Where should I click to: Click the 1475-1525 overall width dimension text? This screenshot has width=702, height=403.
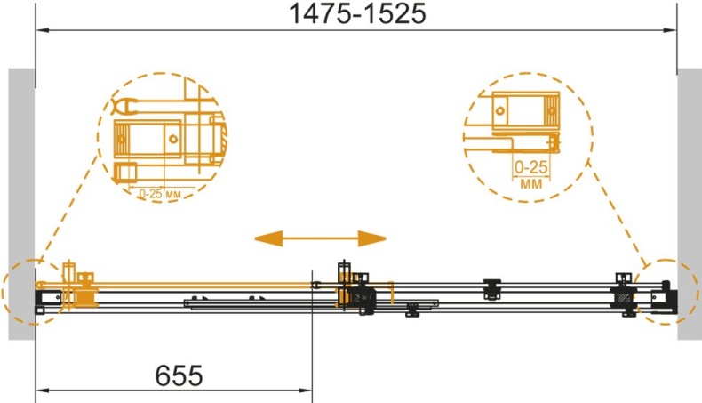(x=358, y=14)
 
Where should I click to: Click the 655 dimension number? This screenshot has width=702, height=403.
(x=179, y=375)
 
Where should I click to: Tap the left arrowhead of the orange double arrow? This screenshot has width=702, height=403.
(x=268, y=238)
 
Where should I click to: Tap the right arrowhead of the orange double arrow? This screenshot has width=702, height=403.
(x=372, y=238)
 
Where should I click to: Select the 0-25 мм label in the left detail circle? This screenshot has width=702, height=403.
(x=160, y=194)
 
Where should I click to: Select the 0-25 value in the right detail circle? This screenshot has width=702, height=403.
(x=531, y=167)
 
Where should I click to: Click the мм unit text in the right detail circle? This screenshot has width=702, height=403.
(x=531, y=184)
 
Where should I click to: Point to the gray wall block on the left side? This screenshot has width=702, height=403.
(x=21, y=204)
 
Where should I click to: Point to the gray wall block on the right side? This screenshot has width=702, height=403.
(x=690, y=204)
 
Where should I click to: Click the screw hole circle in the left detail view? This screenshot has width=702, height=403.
(x=173, y=139)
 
